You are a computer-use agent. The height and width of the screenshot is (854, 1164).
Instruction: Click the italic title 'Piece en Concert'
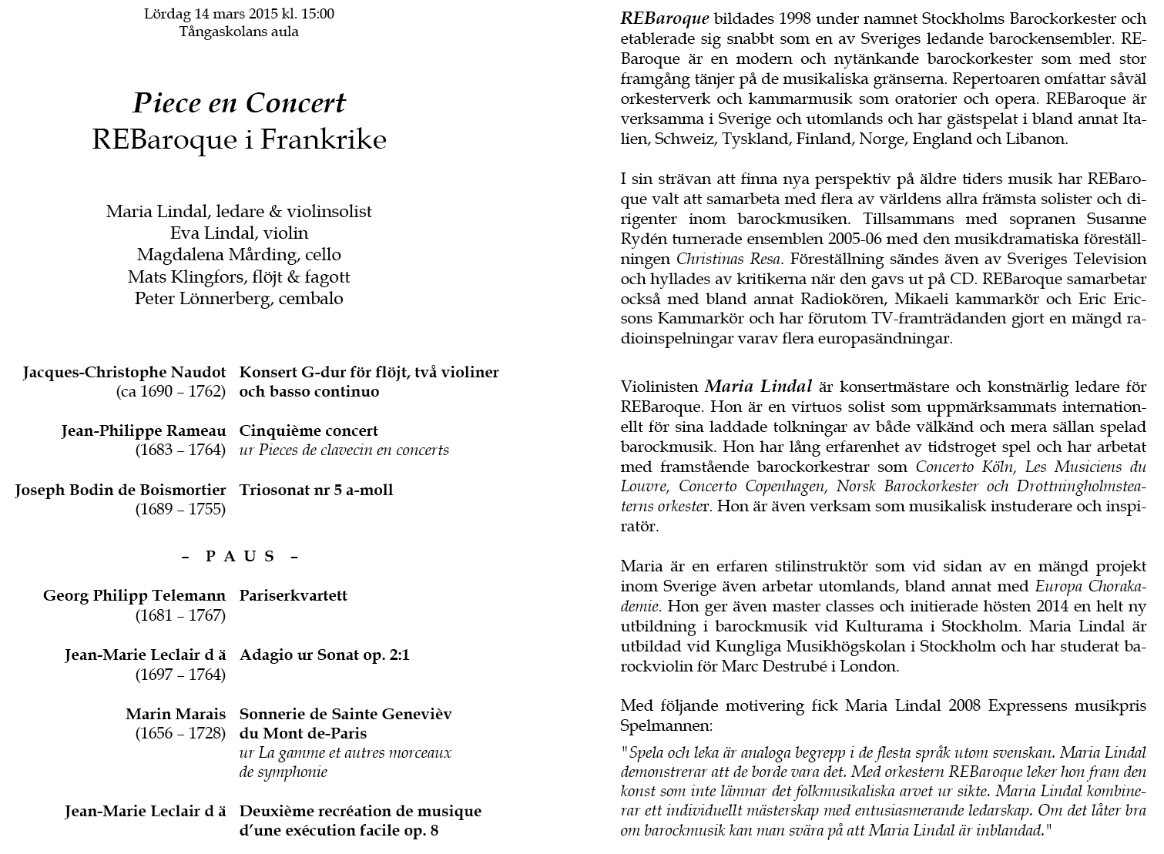coord(239,103)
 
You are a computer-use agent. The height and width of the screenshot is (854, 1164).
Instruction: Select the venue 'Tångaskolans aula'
coord(239,32)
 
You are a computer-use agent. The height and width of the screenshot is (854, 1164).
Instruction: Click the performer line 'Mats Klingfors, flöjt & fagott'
coord(239,276)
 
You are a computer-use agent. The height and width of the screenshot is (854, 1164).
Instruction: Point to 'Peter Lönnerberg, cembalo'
coord(239,298)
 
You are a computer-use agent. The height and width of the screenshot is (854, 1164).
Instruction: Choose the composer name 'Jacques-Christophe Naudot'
coord(124,372)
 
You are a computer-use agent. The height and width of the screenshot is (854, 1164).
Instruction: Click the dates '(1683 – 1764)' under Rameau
coord(180,450)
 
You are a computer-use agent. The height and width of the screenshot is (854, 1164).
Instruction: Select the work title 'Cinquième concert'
coord(308,430)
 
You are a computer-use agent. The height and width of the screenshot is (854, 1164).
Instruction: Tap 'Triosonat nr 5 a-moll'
coord(316,490)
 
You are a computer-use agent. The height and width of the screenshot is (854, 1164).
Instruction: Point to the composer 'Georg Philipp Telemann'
coord(134,595)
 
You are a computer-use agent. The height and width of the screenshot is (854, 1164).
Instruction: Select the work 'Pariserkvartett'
coord(293,595)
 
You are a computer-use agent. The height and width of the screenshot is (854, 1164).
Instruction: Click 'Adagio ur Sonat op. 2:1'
coord(324,655)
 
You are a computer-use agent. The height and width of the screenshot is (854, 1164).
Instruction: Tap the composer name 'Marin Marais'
coord(176,714)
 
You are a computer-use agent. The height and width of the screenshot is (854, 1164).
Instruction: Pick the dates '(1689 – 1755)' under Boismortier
coord(180,509)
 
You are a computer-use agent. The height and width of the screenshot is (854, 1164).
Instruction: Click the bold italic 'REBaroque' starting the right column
coord(664,18)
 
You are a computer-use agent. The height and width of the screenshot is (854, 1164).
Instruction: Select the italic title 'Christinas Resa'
coord(720,259)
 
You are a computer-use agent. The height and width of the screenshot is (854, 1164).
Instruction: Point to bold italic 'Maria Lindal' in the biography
coord(758,386)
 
